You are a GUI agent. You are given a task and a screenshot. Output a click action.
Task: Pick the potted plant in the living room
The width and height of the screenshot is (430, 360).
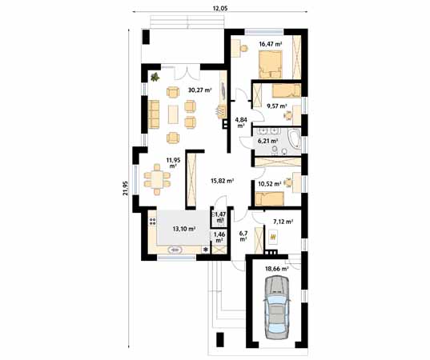pyautogui.click(x=155, y=78)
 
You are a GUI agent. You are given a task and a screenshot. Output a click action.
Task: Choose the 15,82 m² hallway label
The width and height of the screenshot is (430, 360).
pyautogui.click(x=221, y=181)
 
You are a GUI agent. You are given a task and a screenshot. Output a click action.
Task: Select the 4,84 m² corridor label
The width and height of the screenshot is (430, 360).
pyautogui.click(x=240, y=122)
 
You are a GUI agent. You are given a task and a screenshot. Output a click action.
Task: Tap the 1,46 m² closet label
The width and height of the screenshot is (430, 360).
pyautogui.click(x=219, y=237)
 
